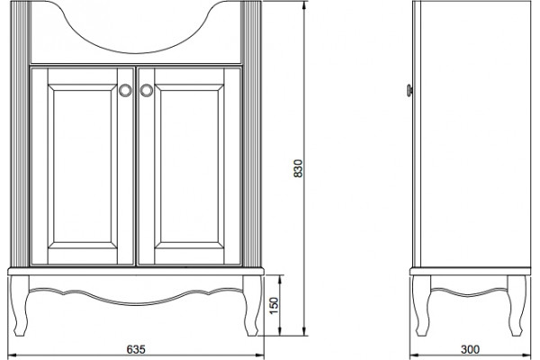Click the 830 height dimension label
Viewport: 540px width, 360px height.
click(x=298, y=168)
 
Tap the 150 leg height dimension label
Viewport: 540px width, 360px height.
click(x=274, y=305)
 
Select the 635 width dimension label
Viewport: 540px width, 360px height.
click(x=136, y=349)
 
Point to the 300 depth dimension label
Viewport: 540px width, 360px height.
click(x=470, y=349)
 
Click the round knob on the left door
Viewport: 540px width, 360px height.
click(x=125, y=90)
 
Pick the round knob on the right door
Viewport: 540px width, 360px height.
click(x=147, y=90)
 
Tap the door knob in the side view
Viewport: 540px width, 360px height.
click(x=409, y=90)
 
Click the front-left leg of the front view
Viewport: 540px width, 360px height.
click(x=20, y=305)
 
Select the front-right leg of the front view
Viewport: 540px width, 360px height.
click(x=252, y=305)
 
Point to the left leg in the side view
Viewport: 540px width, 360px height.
click(x=421, y=305)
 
